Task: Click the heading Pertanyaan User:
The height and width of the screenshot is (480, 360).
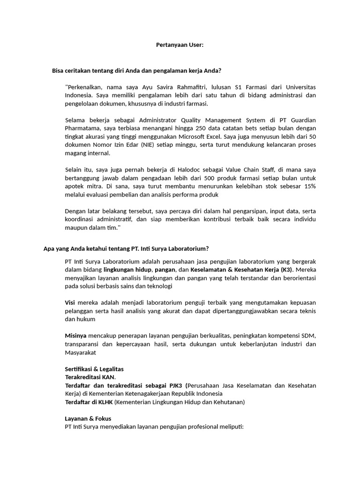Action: point(180,45)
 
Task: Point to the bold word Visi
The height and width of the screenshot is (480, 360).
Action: point(70,303)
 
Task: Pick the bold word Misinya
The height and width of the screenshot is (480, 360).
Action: point(75,336)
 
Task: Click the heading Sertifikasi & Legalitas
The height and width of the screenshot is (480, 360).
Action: point(94,369)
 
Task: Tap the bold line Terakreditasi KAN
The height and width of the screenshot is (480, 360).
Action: point(90,377)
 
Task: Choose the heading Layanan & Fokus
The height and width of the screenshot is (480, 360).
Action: point(88,418)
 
